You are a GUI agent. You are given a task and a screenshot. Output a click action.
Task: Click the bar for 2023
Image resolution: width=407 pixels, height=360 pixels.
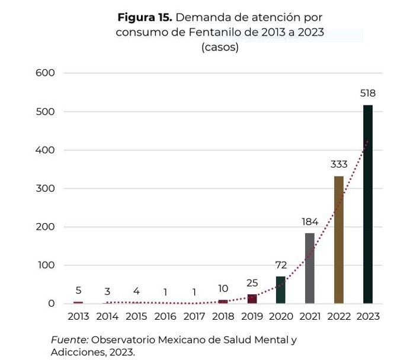pos(367,204)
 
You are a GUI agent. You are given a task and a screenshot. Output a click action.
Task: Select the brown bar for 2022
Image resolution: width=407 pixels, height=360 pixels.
pos(339,240)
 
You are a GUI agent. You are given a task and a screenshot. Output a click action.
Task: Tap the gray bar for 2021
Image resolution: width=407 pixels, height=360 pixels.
pos(310,268)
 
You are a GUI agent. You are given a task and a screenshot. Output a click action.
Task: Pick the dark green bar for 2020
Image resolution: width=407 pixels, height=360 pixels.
pos(281,290)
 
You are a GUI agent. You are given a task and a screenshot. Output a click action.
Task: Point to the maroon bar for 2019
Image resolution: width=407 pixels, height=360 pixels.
pos(252,299)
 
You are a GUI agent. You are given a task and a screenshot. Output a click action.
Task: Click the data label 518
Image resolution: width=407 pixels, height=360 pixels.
pos(367,93)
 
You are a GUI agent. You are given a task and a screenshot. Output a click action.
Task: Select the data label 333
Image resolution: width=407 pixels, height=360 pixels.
pos(339,164)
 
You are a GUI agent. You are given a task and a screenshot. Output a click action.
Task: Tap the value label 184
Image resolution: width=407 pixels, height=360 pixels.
pos(310,222)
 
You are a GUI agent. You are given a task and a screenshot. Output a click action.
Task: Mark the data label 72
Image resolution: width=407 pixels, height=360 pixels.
pos(281,265)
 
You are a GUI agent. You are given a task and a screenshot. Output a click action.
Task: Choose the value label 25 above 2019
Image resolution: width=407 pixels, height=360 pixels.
pos(252,283)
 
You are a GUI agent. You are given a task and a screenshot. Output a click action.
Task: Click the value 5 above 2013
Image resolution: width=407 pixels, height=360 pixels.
pos(78,291)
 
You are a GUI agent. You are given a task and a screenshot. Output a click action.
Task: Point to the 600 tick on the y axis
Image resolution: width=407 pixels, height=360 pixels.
pos(45,73)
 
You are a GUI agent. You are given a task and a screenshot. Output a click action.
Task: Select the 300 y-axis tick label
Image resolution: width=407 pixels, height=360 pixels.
pos(45,188)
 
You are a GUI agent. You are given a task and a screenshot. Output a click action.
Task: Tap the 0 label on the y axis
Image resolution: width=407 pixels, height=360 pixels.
pos(52,304)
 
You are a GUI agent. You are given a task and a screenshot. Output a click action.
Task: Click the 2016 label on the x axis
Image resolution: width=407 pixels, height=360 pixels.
pos(165,316)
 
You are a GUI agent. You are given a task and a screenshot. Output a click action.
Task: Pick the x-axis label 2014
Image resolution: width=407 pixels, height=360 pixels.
pos(107,316)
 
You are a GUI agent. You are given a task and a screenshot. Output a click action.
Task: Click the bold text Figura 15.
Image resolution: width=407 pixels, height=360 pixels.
pos(145,18)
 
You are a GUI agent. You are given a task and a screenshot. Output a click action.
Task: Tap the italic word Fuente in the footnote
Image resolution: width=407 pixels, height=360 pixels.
pos(69,340)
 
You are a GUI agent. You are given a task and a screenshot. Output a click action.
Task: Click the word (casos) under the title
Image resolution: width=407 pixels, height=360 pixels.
pos(220,47)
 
